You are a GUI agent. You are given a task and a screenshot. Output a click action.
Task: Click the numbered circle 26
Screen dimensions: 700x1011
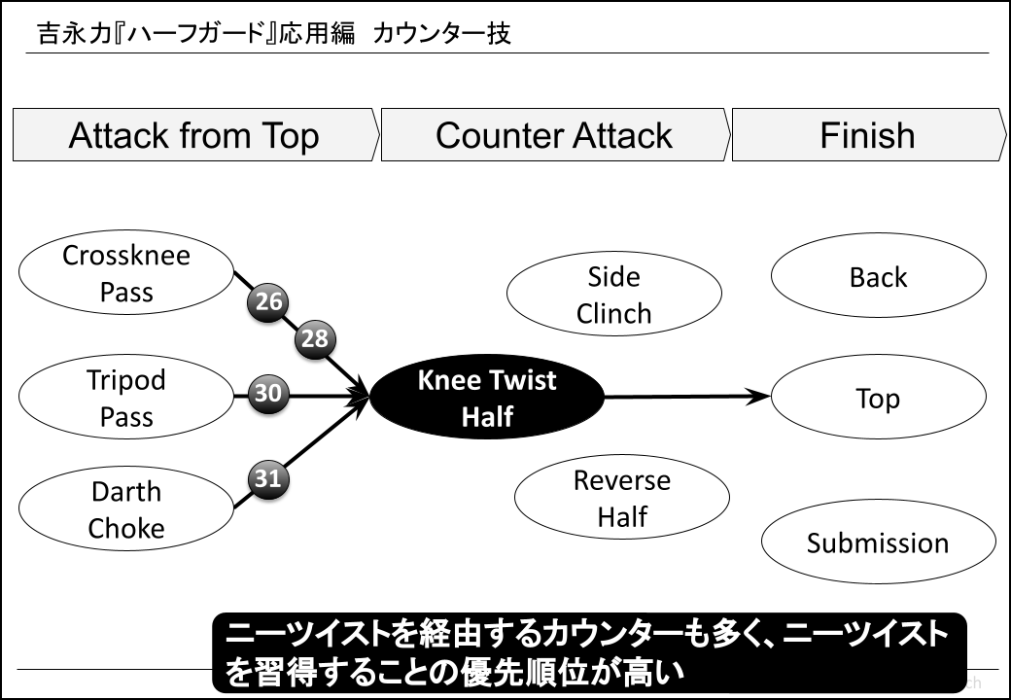(x=268, y=302)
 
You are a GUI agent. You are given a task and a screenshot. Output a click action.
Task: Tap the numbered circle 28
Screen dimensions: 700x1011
(x=314, y=339)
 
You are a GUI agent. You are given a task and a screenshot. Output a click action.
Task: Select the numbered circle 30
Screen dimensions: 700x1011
(x=268, y=394)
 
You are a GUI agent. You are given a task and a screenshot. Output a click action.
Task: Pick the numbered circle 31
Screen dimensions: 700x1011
(x=268, y=477)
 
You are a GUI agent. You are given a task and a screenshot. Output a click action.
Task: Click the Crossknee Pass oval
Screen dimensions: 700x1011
(x=126, y=274)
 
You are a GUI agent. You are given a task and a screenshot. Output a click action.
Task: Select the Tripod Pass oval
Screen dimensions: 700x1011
(x=126, y=399)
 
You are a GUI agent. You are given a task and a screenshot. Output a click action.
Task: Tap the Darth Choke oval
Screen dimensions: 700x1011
(x=126, y=510)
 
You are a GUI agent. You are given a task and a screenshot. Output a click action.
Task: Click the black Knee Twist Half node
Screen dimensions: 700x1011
(x=487, y=399)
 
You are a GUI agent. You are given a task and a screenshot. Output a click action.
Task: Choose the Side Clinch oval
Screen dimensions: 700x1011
(x=613, y=295)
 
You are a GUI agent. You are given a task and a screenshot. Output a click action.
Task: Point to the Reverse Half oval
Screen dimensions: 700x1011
(x=621, y=498)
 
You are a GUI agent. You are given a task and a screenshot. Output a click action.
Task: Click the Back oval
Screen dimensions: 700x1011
(x=878, y=277)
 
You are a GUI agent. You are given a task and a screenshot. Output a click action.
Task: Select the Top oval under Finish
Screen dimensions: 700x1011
(x=878, y=399)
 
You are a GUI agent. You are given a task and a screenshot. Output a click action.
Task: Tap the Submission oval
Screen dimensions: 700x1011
(x=878, y=542)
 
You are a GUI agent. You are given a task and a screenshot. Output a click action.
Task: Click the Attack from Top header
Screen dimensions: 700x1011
(x=194, y=135)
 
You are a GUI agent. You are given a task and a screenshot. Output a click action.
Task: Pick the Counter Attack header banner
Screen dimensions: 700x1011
(x=554, y=135)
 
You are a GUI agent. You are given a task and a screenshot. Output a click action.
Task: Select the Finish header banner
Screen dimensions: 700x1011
(x=868, y=135)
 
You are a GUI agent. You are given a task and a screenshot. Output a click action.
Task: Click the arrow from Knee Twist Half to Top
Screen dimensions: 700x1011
(x=685, y=397)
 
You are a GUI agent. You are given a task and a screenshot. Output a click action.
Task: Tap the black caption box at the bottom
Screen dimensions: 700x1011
(x=588, y=652)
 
